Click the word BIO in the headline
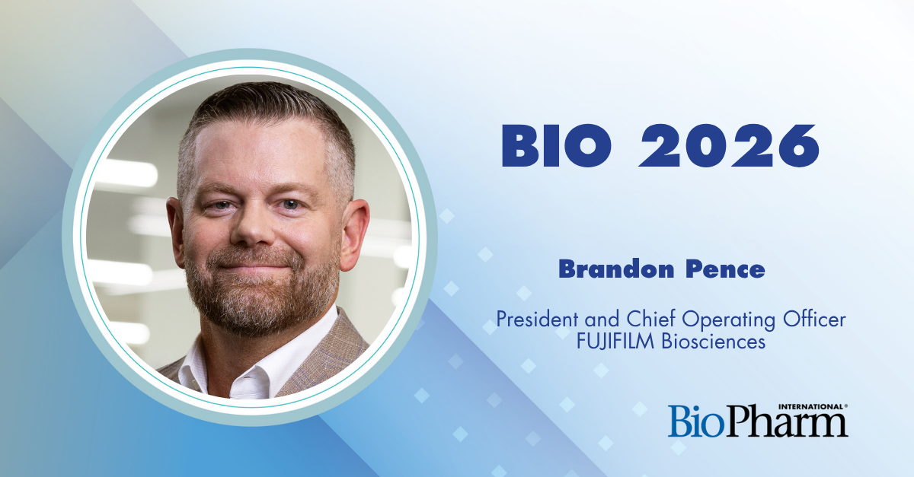(x=557, y=145)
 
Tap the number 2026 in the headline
(x=729, y=145)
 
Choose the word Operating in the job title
(x=729, y=320)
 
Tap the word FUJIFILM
(x=615, y=342)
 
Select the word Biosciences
(x=713, y=342)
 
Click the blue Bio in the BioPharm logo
(x=696, y=421)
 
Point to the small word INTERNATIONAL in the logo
(x=811, y=406)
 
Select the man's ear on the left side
(x=176, y=231)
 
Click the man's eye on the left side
(x=222, y=205)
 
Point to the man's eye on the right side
(x=290, y=204)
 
